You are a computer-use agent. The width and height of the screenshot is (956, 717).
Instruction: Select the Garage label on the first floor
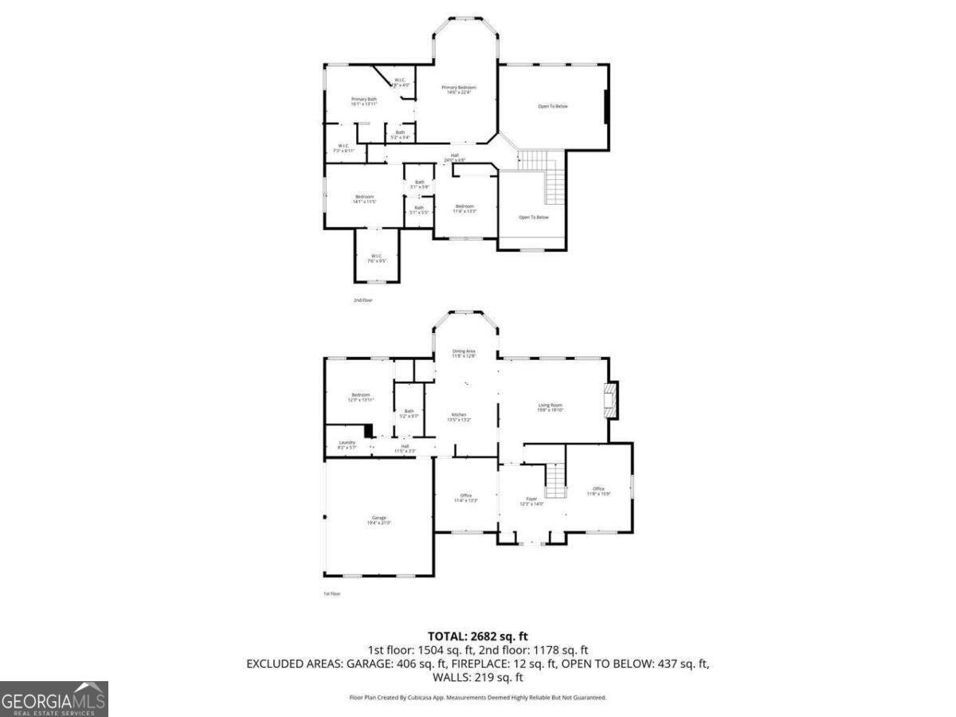(378, 519)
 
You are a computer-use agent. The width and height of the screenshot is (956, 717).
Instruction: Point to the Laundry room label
(347, 445)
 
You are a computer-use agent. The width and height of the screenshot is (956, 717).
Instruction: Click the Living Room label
(550, 407)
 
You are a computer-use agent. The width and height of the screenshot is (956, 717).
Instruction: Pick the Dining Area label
(464, 353)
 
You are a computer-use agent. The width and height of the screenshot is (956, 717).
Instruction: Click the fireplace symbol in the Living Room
(610, 401)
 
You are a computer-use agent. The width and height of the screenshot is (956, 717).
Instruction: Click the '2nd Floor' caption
(362, 300)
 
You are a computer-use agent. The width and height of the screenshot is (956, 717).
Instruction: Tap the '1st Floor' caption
(332, 594)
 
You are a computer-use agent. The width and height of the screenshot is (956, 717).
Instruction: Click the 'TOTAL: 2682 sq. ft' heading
(477, 636)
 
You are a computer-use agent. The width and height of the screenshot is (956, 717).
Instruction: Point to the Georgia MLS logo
(53, 699)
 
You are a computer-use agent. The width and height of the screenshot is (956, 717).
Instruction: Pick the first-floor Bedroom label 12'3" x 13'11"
(361, 398)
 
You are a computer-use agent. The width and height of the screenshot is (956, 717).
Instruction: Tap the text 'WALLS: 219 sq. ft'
(477, 677)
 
